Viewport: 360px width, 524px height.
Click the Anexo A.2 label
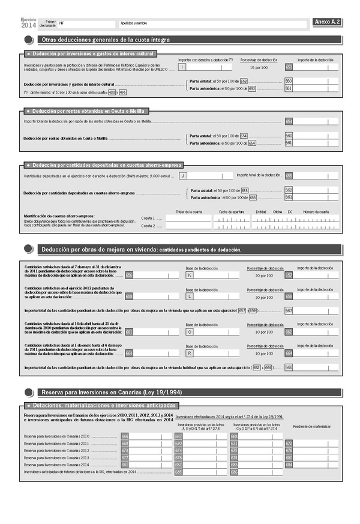327,22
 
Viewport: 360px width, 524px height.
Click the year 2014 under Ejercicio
28,25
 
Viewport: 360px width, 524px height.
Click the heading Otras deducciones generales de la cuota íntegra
106,40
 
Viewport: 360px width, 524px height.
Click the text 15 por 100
258,67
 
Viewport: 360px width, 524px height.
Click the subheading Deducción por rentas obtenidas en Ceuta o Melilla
88,111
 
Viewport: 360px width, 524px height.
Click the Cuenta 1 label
148,218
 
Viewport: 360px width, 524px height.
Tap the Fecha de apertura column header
231,212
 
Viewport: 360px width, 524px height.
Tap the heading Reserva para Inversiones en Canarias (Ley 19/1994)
112,392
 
